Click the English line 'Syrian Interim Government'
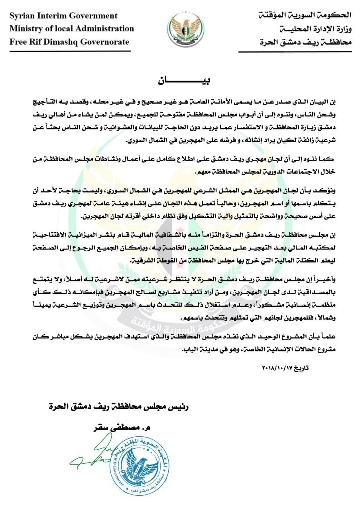pos(63,16)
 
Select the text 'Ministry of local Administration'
pos(72,29)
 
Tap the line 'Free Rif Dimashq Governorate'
pos(69,41)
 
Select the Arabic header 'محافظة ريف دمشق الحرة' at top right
pos(305,41)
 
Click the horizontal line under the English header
pos(69,51)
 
